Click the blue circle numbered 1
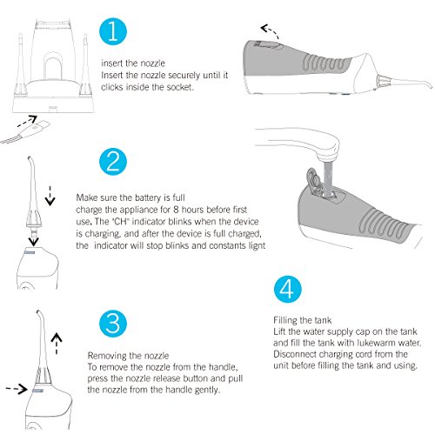coord(113,31)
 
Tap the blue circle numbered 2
coord(113,162)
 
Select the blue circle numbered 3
coord(113,325)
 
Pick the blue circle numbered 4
coord(288,290)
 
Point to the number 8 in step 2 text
coord(176,210)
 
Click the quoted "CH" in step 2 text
coord(120,222)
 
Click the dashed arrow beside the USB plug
coord(27,121)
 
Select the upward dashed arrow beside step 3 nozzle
coord(57,344)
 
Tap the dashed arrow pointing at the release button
coord(17,389)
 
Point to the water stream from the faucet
coord(329,178)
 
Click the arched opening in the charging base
coord(53,68)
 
